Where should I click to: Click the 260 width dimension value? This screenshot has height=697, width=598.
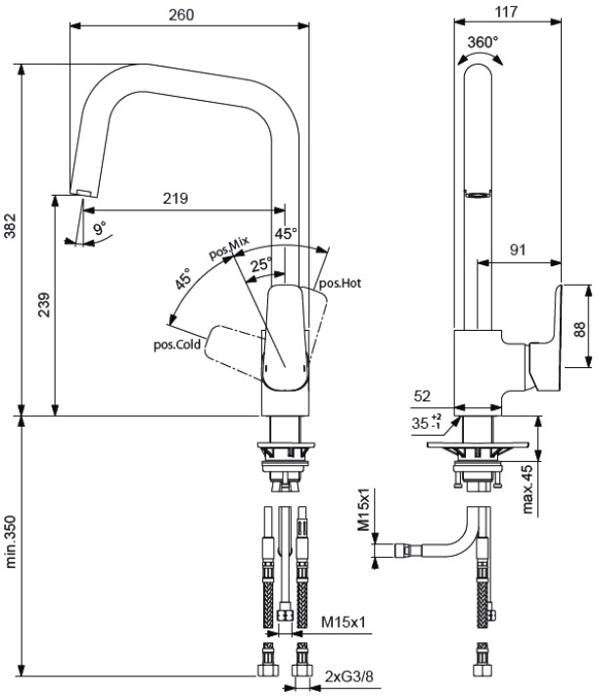click(x=181, y=15)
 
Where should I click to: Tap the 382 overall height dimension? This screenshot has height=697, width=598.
click(x=10, y=226)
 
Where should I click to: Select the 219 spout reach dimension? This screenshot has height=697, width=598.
click(x=175, y=199)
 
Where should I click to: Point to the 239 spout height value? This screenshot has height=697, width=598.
click(x=43, y=304)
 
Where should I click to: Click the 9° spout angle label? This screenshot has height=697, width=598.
click(x=100, y=228)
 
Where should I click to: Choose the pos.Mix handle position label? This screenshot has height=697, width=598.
click(x=229, y=247)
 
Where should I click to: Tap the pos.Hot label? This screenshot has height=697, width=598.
click(x=341, y=283)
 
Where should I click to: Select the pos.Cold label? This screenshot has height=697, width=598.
click(x=177, y=345)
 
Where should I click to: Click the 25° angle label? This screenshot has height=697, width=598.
click(x=261, y=264)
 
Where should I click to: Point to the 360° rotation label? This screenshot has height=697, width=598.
click(x=483, y=42)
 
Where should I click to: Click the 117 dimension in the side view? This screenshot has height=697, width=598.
click(x=506, y=12)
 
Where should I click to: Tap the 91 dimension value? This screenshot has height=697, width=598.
click(x=518, y=250)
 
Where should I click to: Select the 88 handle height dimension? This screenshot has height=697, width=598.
click(x=579, y=329)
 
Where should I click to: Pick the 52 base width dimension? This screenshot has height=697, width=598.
click(x=422, y=395)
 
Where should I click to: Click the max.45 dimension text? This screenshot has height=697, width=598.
click(x=527, y=488)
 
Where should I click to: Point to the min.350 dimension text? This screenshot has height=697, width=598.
click(x=10, y=541)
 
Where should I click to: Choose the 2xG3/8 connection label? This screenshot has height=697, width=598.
click(x=348, y=676)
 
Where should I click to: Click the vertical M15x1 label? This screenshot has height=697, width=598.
click(x=363, y=509)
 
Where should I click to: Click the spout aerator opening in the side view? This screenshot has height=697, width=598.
click(x=478, y=194)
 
